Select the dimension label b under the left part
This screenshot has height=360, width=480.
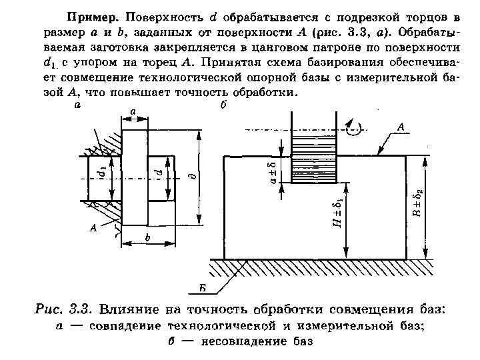point(147,237)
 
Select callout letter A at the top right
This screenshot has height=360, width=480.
point(401,126)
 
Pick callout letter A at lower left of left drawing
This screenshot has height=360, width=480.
point(93,229)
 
